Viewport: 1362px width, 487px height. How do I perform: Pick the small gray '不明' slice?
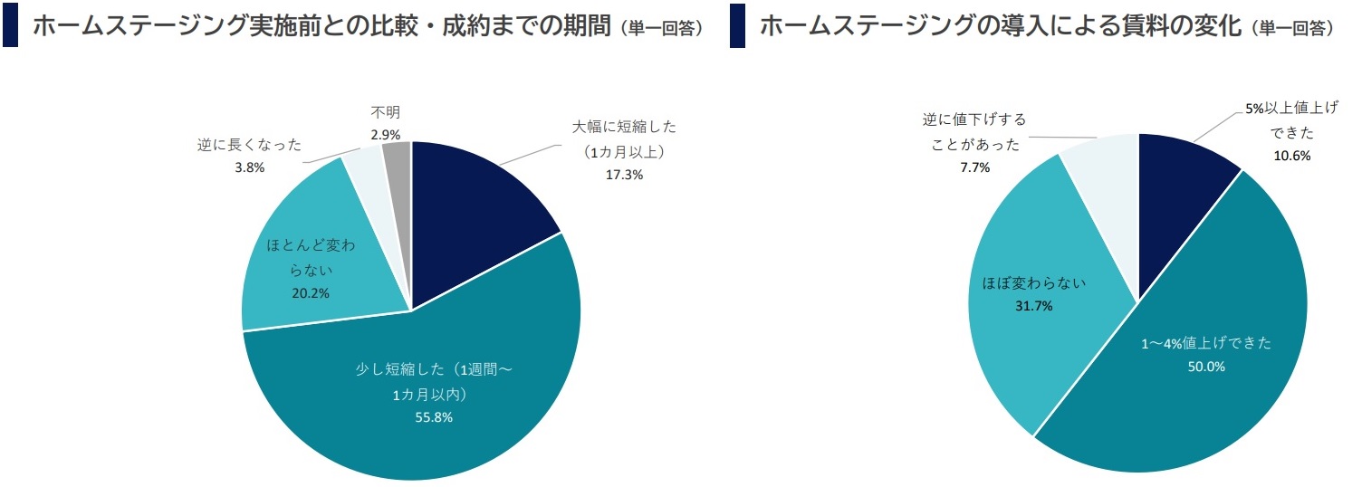point(398,158)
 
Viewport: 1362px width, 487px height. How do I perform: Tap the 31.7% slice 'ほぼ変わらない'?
point(1041,299)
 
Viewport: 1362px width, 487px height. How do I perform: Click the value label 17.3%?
point(624,175)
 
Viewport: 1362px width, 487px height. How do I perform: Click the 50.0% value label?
point(1206,367)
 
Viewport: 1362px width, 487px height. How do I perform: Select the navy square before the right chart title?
point(737,25)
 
